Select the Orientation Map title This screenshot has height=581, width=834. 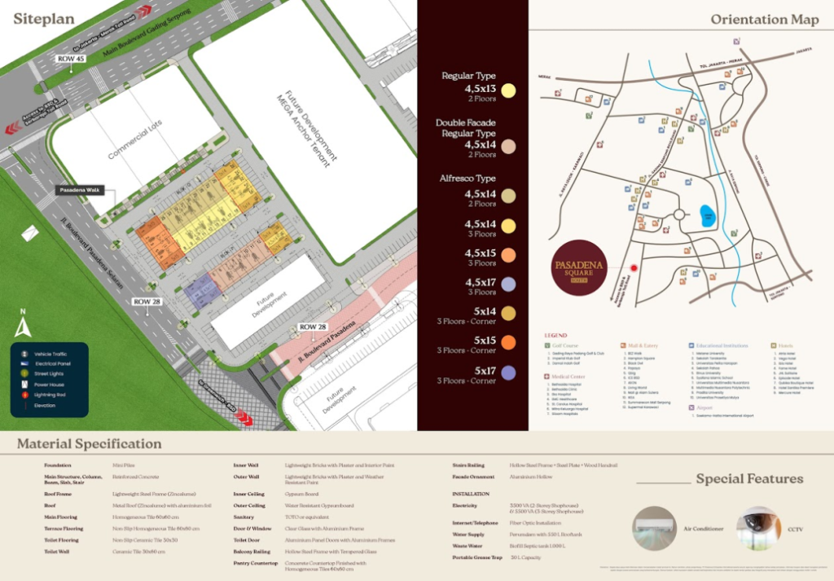[x=765, y=20]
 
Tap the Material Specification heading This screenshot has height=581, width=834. [x=89, y=444]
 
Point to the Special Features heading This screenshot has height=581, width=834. [x=749, y=479]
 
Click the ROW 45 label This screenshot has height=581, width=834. [x=71, y=59]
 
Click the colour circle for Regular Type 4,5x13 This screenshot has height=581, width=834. [x=509, y=91]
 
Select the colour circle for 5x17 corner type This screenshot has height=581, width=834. [x=509, y=373]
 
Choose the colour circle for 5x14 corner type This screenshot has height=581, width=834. [x=509, y=314]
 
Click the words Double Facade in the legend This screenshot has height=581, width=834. [x=466, y=123]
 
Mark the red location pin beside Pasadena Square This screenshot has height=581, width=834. [x=633, y=267]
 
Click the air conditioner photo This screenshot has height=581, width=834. [x=656, y=529]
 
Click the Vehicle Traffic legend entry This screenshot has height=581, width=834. [x=49, y=354]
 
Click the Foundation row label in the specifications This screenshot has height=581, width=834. [x=59, y=465]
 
